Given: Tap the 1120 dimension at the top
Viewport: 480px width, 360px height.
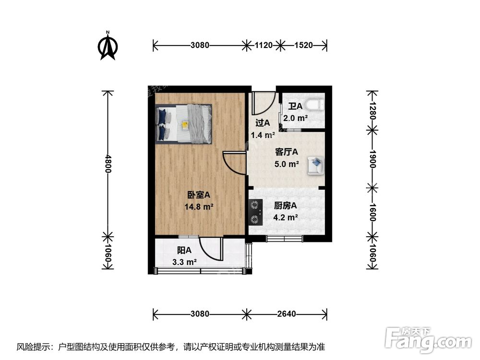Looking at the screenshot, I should (x=264, y=46).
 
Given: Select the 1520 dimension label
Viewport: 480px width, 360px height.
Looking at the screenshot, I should (x=303, y=46).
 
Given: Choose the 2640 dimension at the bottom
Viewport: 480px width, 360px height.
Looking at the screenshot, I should (x=287, y=314).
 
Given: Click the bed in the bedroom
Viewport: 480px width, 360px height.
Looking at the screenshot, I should (x=184, y=124).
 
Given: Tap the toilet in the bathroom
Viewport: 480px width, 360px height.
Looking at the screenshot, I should (x=315, y=104).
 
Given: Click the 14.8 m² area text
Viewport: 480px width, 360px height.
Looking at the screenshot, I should (x=199, y=207).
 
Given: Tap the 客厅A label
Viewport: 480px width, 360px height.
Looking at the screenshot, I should (x=287, y=152).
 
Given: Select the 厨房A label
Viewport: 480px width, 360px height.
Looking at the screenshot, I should (x=286, y=205).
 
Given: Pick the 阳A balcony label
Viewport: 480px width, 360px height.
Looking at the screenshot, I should (x=184, y=250).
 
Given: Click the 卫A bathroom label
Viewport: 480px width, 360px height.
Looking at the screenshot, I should (x=295, y=106).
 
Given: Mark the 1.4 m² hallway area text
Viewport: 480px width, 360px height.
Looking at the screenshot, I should (x=263, y=135).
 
